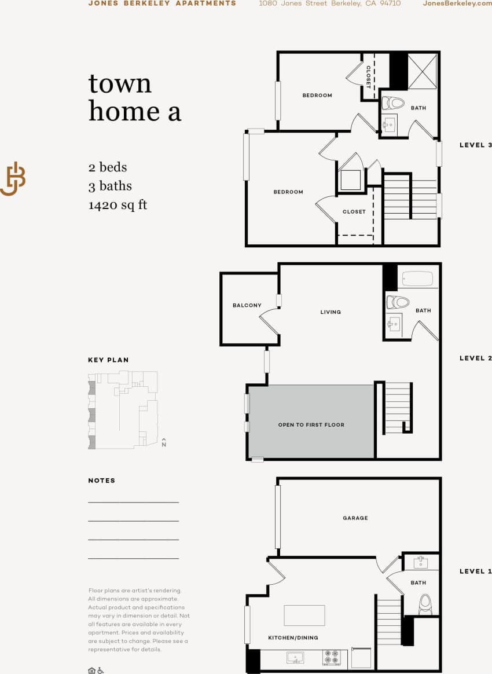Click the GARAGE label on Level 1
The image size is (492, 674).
355,518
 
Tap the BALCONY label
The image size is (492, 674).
247,305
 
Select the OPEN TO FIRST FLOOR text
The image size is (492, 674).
311,425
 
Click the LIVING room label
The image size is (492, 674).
331,312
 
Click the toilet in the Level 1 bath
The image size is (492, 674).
425,603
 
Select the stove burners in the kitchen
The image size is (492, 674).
332,658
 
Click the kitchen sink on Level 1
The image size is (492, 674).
295,658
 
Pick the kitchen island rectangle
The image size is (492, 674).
304,615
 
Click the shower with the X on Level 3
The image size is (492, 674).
422,71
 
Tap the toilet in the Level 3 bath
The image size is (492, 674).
394,104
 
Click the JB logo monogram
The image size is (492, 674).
13,179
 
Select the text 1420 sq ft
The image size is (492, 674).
118,204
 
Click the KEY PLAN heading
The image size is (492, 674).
108,360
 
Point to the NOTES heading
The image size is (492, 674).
101,481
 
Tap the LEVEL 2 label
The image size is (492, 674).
475,358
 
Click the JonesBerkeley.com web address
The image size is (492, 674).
457,3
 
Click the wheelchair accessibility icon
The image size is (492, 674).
101,670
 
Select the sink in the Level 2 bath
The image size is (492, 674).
395,323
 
